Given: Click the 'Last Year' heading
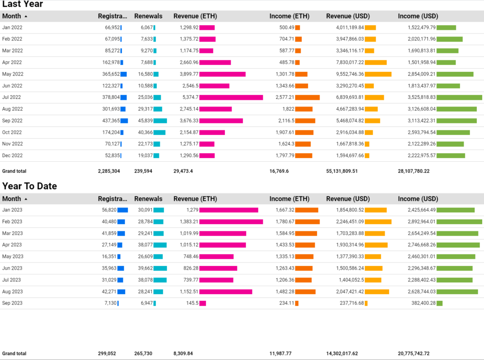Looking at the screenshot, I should pyautogui.click(x=22, y=4).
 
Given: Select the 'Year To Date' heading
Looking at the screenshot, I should pyautogui.click(x=29, y=186).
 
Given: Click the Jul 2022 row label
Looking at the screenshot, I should pyautogui.click(x=12, y=97).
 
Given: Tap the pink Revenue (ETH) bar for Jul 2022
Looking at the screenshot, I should pyautogui.click(x=231, y=97).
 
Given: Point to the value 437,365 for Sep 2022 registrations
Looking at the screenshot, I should pyautogui.click(x=109, y=121).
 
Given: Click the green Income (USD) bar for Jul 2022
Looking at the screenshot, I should pyautogui.click(x=459, y=97).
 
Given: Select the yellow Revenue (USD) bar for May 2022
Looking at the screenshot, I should pyautogui.click(x=378, y=74).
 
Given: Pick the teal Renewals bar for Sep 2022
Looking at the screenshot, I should pyautogui.click(x=160, y=121).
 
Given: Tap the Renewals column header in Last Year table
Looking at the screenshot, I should pyautogui.click(x=148, y=16).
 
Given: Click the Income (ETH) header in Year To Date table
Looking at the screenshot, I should pyautogui.click(x=289, y=199).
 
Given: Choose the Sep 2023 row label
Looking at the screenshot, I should pyautogui.click(x=12, y=303).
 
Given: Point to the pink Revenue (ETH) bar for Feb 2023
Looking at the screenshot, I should pyautogui.click(x=231, y=221).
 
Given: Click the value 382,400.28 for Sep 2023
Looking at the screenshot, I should pyautogui.click(x=422, y=303).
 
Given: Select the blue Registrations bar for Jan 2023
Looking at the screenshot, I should pyautogui.click(x=122, y=210).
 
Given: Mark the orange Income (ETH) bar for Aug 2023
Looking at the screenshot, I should pyautogui.click(x=305, y=292).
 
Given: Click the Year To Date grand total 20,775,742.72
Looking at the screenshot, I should pyautogui.click(x=414, y=353).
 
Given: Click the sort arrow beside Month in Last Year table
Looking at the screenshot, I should pyautogui.click(x=26, y=16).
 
